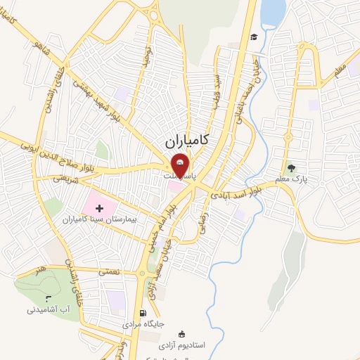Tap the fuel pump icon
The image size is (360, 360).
(x=143, y=314)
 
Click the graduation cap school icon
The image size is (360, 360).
(x=253, y=37)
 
